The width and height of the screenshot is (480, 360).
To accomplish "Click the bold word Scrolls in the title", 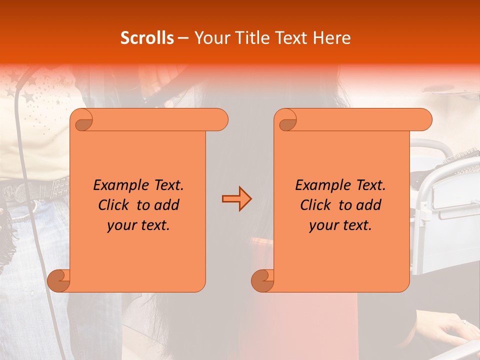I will tap(147, 38).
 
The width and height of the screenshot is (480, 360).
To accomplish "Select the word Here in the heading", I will tap(332, 38).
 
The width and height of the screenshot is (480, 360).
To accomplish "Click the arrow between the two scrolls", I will tap(236, 198).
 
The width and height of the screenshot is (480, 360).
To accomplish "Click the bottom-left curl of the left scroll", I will tap(59, 280).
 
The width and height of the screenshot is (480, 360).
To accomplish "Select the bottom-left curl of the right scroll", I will tap(262, 280).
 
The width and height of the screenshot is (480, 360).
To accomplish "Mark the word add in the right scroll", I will tap(369, 205).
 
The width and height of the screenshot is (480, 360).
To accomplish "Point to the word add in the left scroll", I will tap(167, 205).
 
